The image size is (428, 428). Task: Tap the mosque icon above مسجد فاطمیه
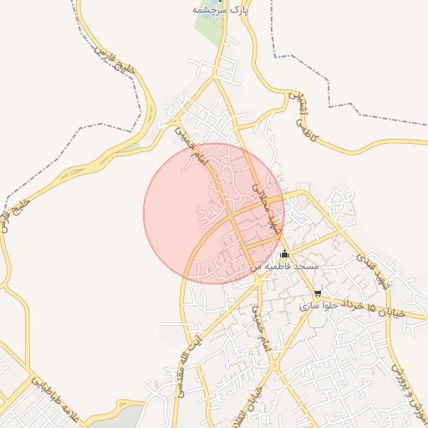coord(285,253)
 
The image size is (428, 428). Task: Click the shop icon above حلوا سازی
coord(318,293)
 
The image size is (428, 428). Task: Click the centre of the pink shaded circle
coord(214,213)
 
